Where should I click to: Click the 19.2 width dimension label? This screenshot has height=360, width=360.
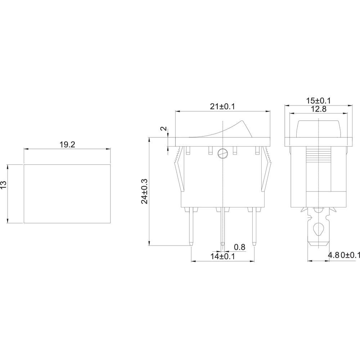click(x=67, y=145)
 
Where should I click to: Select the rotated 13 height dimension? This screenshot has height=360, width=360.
click(x=4, y=185)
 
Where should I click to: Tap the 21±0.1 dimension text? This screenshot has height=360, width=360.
click(x=222, y=107)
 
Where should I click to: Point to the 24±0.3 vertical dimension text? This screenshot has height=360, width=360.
click(x=145, y=191)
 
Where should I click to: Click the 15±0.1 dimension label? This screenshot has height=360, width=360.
click(x=319, y=100)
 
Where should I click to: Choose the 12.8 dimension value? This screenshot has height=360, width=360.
click(x=319, y=109)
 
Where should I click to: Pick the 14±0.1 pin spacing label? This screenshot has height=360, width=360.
click(x=223, y=256)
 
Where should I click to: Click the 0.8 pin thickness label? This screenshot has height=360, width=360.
click(x=239, y=247)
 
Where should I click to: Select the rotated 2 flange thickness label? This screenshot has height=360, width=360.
click(x=164, y=129)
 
